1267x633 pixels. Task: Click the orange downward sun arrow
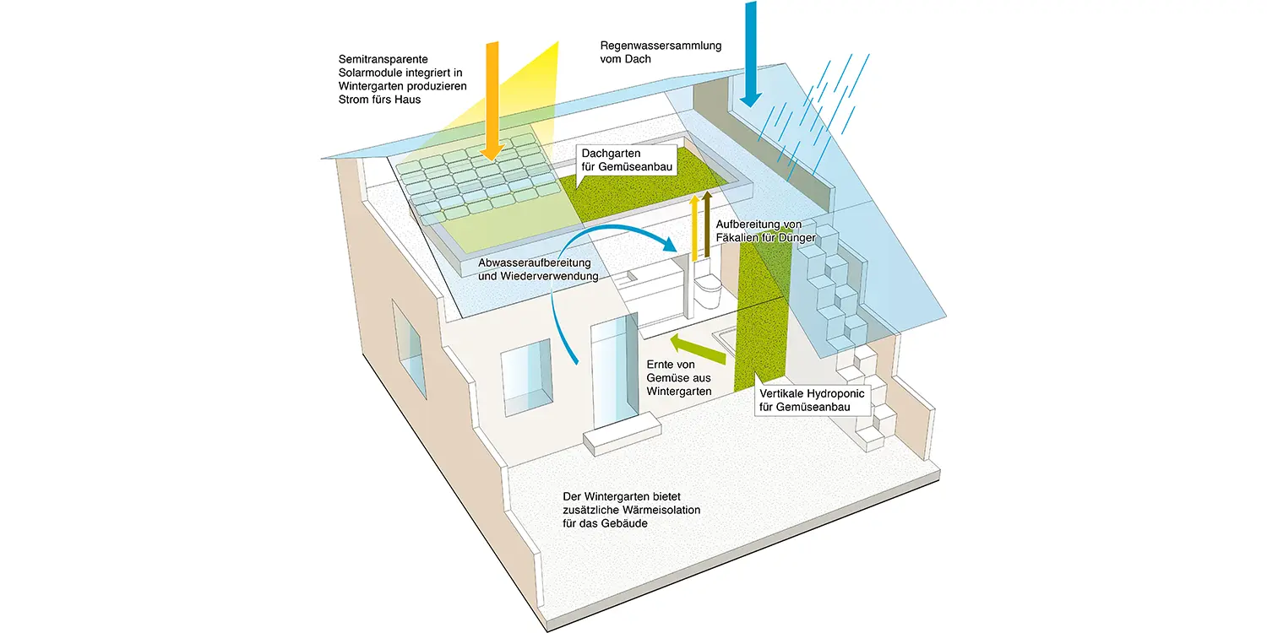[x=492, y=100]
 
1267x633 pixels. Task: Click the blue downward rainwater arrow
[x=751, y=54]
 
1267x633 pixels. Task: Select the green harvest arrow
[x=698, y=349]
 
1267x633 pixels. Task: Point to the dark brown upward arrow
[x=707, y=225]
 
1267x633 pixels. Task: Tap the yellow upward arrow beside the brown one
[x=694, y=229]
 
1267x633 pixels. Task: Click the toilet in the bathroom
[x=707, y=290]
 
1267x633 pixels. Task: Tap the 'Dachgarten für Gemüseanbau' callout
[x=627, y=160]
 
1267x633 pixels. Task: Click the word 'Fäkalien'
[x=737, y=238]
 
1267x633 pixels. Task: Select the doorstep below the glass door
[x=623, y=434]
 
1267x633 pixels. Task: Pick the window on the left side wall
[x=409, y=349]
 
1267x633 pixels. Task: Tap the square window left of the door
[x=526, y=377]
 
